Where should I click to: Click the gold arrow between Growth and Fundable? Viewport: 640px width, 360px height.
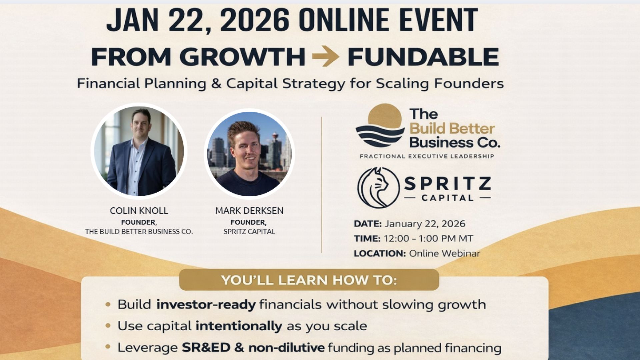click(326, 56)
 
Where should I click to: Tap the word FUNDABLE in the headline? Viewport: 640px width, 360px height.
click(423, 57)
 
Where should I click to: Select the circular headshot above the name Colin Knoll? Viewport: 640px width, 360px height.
click(139, 151)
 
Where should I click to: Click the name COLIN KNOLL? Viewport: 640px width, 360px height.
click(139, 211)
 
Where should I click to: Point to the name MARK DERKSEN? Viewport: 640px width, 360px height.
click(249, 211)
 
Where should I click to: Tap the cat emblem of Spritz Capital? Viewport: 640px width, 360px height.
click(378, 188)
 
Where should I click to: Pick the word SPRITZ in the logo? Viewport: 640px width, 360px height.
click(448, 184)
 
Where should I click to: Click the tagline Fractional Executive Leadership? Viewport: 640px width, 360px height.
click(427, 156)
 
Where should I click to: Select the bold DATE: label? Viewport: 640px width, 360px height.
click(368, 224)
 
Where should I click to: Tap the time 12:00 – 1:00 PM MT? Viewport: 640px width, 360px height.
click(428, 239)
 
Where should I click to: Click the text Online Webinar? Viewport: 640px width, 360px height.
click(445, 253)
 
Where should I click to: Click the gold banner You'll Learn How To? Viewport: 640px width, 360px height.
click(309, 280)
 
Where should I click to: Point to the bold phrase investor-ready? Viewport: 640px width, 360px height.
click(206, 305)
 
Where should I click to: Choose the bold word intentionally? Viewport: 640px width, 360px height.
click(239, 326)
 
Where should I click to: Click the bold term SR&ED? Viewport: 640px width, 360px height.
click(206, 348)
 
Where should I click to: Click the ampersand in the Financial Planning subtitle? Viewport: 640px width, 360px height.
click(216, 83)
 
